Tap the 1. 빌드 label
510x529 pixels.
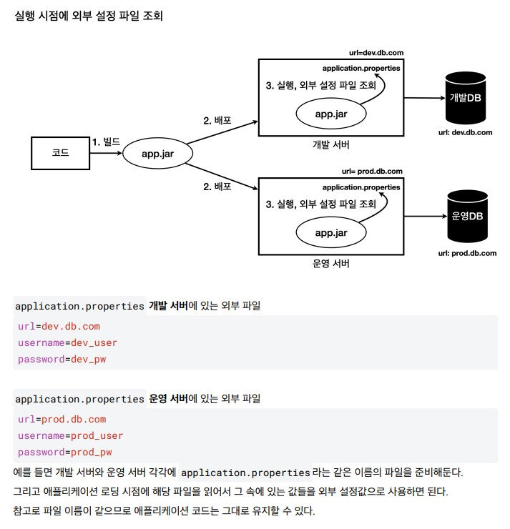point(107,142)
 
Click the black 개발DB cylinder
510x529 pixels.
point(466,98)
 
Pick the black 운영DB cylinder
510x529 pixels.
point(468,217)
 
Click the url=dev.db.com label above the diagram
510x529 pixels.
point(376,53)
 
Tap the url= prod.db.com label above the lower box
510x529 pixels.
point(372,172)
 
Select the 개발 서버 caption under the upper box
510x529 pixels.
point(330,144)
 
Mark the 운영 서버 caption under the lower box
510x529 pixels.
point(330,264)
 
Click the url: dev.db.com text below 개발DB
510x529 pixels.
point(465,132)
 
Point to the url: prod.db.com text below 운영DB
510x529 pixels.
point(467,253)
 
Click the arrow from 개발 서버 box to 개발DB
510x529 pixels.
point(425,98)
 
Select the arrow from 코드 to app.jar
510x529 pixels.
point(106,153)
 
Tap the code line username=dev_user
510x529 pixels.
point(67,342)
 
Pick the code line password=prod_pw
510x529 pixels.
point(65,452)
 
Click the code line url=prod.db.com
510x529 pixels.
point(62,420)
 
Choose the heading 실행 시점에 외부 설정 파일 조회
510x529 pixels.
point(89,16)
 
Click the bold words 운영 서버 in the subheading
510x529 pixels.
point(168,399)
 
